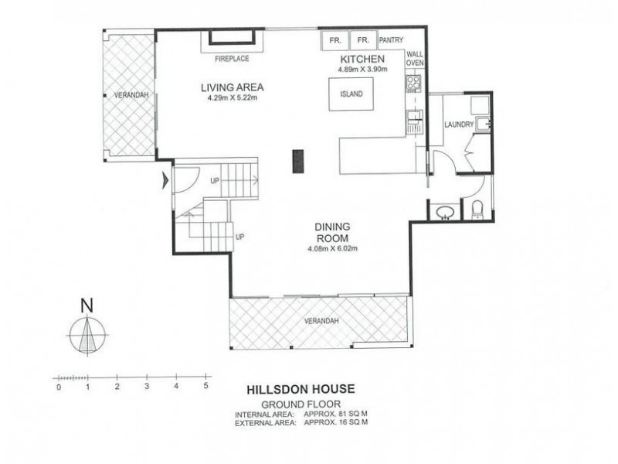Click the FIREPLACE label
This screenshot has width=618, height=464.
(232, 59)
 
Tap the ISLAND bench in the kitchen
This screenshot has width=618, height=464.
(351, 94)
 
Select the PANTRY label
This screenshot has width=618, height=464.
(391, 40)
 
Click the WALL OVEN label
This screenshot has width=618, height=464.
(415, 59)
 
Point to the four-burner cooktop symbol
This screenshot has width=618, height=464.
(413, 84)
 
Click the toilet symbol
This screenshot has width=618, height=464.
(477, 210)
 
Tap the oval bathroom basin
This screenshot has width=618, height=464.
(446, 213)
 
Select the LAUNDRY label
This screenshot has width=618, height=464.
(459, 125)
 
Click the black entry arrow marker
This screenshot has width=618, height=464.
(166, 181)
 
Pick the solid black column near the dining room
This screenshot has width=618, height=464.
(298, 161)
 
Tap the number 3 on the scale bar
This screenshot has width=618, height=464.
(147, 387)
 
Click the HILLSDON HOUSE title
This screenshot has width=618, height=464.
(301, 390)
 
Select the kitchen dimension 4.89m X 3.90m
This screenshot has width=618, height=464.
(362, 70)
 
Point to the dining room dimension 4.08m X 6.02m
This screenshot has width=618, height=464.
(333, 248)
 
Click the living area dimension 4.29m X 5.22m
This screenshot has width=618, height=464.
(233, 97)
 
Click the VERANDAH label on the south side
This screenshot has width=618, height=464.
(321, 321)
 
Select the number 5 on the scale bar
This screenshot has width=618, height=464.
(205, 386)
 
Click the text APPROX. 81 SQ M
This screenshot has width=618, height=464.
(336, 415)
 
